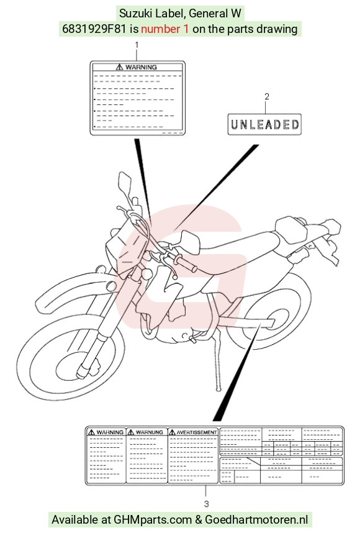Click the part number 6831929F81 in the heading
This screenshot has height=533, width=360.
point(95,29)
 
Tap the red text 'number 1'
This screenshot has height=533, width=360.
point(164,29)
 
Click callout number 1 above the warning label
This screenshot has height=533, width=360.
point(137,45)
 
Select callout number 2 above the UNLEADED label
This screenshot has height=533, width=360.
point(267,96)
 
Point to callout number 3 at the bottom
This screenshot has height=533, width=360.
point(206,503)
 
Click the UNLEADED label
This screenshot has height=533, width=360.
point(264,124)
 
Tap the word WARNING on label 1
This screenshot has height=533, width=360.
point(141,67)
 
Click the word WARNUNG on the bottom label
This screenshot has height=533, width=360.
point(150,432)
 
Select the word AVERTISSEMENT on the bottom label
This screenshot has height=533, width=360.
point(197,432)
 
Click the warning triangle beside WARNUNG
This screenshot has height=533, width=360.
point(131,432)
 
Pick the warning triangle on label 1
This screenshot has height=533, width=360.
point(119,67)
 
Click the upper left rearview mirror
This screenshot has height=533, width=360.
point(125,182)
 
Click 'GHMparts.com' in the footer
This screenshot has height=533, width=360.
point(153,520)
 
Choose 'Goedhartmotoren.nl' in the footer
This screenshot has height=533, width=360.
point(256,520)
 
